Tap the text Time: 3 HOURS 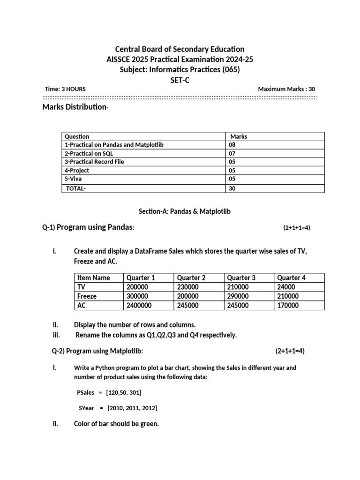(65, 89)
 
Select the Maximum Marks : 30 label (287, 89)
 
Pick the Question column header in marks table (76, 136)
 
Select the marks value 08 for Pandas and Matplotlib (232, 145)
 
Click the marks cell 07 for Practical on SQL (232, 153)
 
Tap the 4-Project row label (76, 171)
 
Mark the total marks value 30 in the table (232, 188)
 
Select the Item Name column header (93, 277)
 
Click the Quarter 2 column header (191, 277)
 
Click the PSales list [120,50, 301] (124, 392)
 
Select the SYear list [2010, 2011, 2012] (133, 408)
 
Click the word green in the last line (150, 424)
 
